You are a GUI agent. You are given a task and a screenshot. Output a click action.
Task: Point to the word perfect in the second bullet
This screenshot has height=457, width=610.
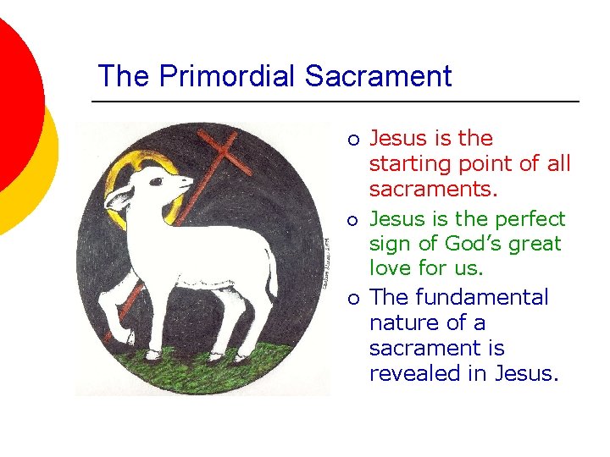[530, 219]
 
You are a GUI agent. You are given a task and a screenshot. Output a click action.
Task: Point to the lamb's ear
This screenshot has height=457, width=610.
[120, 198]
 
